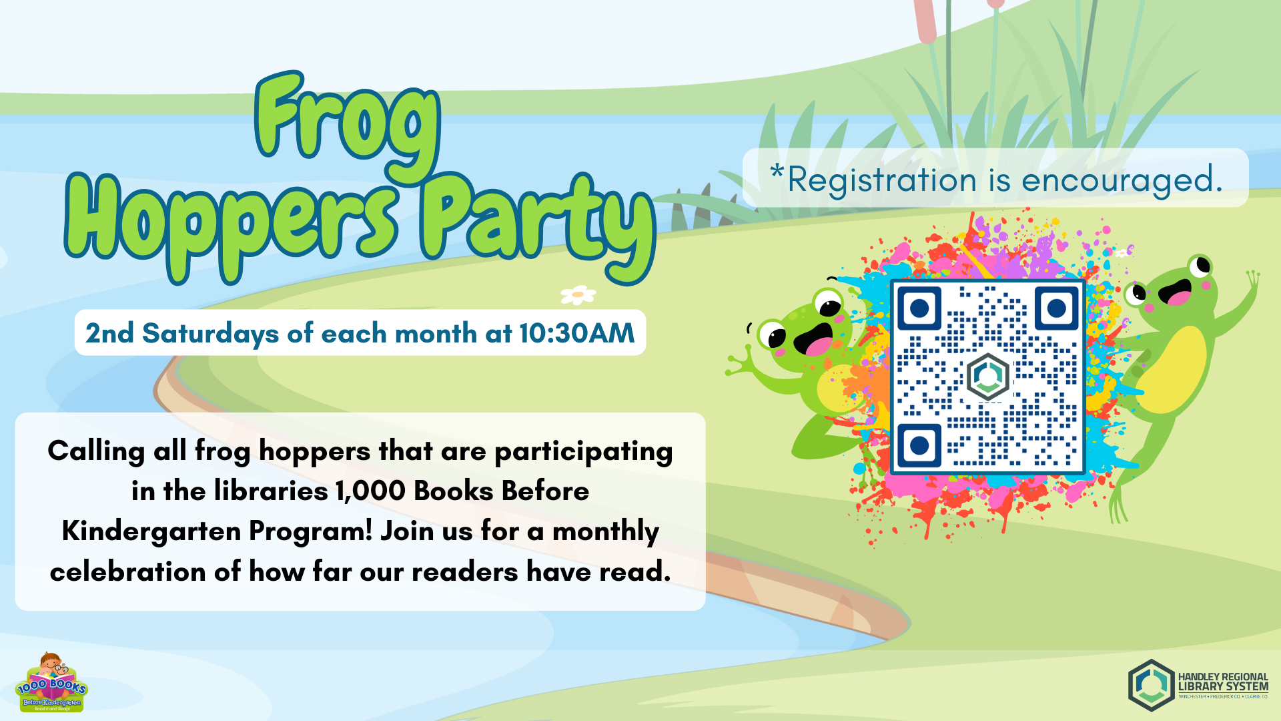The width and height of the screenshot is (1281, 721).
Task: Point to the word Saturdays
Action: click(x=210, y=333)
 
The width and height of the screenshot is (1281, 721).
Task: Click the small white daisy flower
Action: click(x=578, y=294)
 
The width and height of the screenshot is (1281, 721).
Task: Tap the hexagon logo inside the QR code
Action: click(x=987, y=377)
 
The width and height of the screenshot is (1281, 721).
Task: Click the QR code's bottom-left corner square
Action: click(x=919, y=445)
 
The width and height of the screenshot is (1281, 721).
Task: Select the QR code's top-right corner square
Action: click(x=1056, y=308)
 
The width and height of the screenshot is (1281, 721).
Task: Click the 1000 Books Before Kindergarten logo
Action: click(x=51, y=684)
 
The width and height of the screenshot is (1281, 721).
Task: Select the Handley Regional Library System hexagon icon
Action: click(x=1151, y=686)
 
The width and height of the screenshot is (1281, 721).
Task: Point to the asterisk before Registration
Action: click(x=777, y=172)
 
